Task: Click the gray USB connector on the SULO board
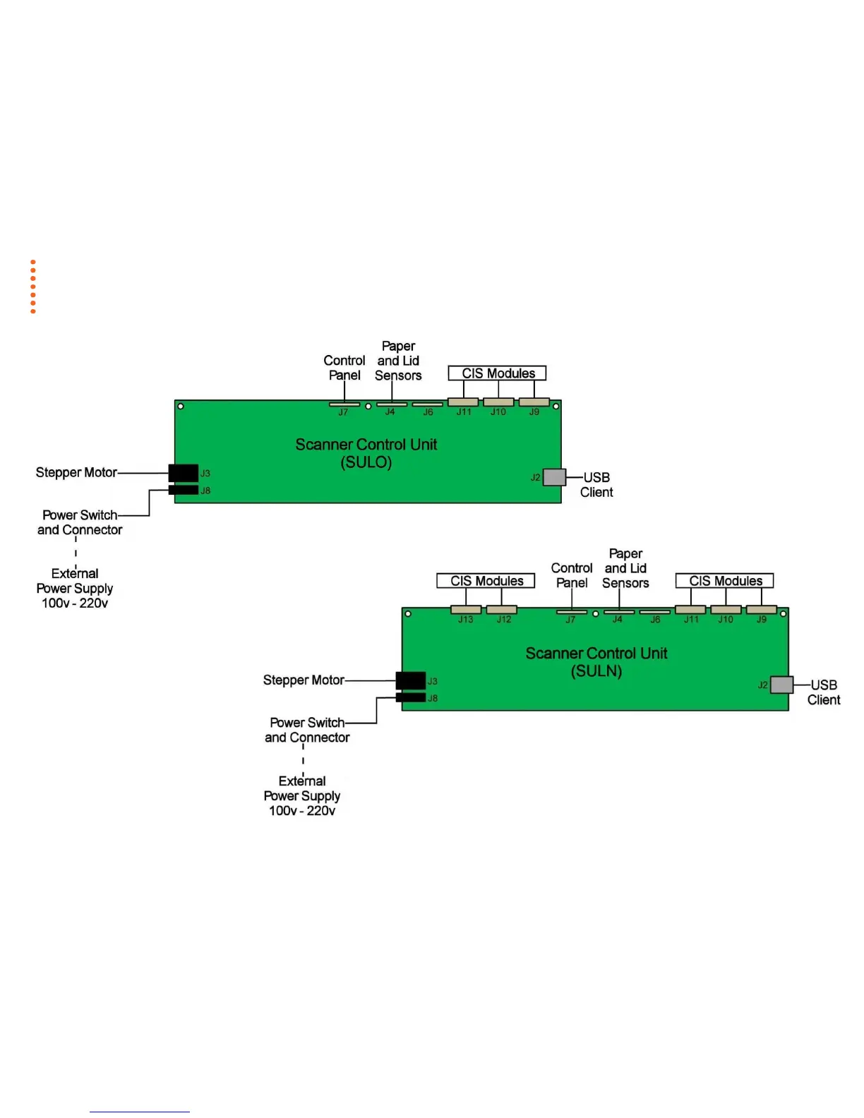coord(554,477)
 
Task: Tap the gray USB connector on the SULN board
coord(781,685)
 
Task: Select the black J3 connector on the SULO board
coord(184,472)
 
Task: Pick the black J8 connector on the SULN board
coord(410,697)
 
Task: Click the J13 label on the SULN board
coord(466,620)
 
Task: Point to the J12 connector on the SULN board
coord(502,610)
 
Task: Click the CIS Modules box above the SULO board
coord(498,373)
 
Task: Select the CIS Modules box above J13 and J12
coord(486,581)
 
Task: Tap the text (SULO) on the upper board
coord(366,462)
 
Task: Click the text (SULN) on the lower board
coord(596,671)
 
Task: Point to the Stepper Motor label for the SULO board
coord(76,472)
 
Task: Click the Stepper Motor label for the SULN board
coord(304,680)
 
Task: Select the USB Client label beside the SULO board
coord(596,485)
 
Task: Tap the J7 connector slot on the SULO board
coord(344,404)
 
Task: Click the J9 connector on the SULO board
coord(534,402)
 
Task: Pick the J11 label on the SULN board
coord(691,620)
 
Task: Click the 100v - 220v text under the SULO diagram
coord(75,603)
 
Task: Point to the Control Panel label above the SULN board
coord(572,575)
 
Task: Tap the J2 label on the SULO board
coord(536,478)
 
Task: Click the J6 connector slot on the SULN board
coord(655,612)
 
